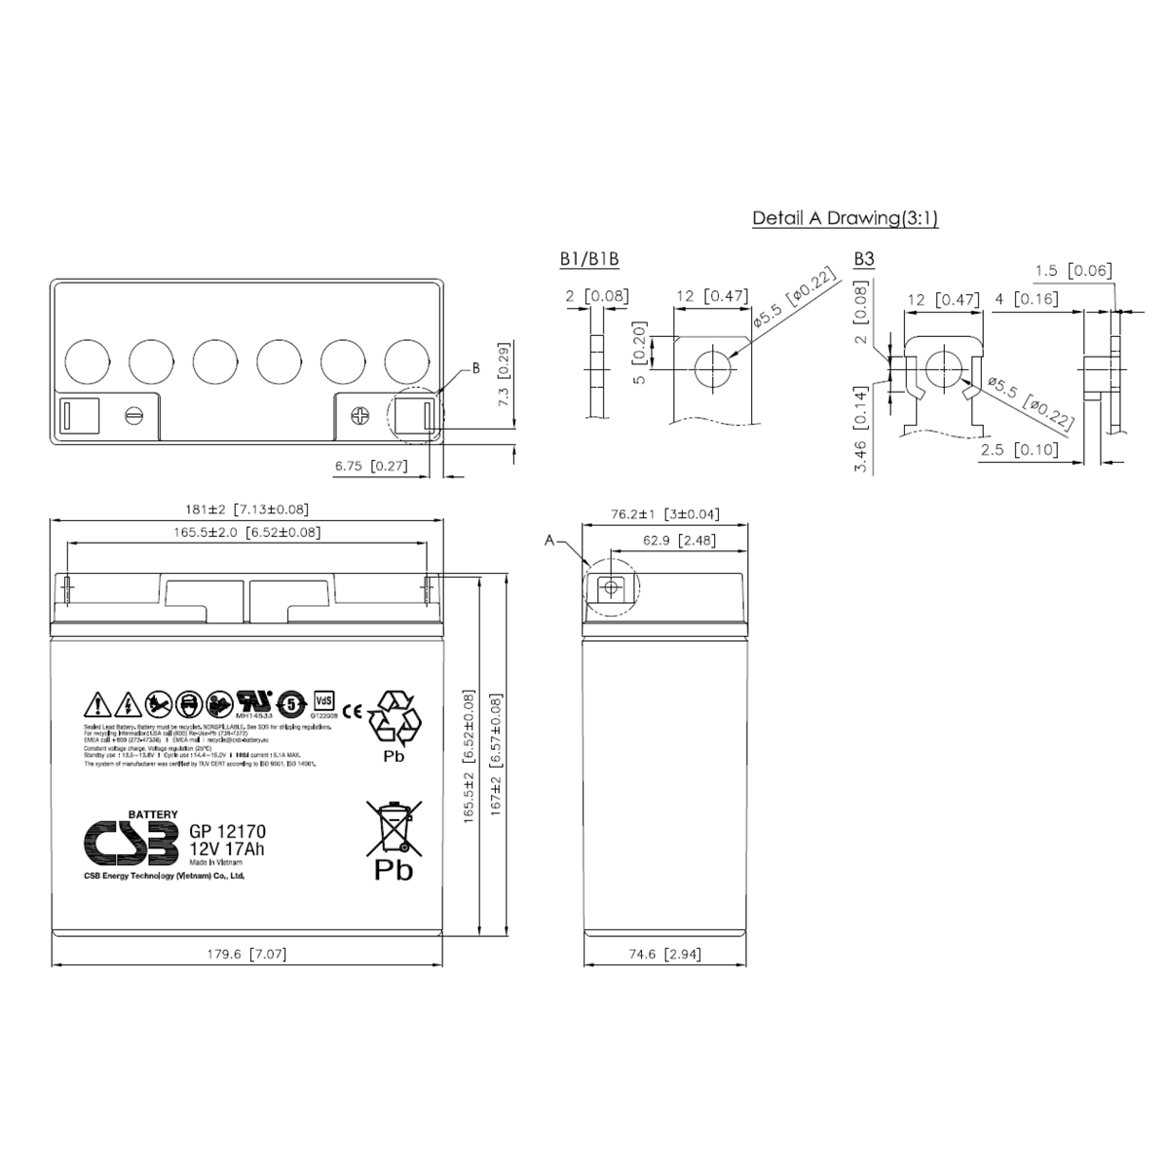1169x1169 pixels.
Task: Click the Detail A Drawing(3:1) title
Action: pyautogui.click(x=845, y=218)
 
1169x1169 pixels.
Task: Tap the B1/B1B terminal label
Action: pyautogui.click(x=589, y=259)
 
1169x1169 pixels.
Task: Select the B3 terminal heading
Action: pyautogui.click(x=864, y=259)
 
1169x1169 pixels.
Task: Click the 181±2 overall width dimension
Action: pyautogui.click(x=246, y=509)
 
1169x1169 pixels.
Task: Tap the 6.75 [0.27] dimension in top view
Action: pyautogui.click(x=369, y=467)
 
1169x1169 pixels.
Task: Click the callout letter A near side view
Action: pyautogui.click(x=549, y=541)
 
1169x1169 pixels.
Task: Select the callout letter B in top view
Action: pyautogui.click(x=475, y=368)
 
